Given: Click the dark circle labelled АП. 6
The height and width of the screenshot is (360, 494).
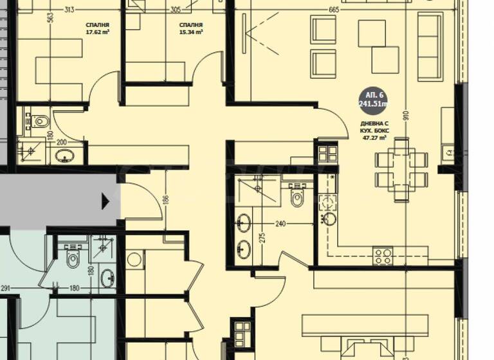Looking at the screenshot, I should pos(373,100).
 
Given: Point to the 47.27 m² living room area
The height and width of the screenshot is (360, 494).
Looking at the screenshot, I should pos(373,137).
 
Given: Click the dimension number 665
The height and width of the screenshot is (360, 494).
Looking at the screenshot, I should pos(333,10).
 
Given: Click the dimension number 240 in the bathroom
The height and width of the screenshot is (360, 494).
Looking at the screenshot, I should pos(280,224).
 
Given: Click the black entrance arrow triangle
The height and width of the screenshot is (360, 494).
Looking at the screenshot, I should pos(105,202).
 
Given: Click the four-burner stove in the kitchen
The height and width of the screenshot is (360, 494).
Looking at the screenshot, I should pos(383,256).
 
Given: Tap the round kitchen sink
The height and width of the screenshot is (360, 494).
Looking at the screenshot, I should pos(329,218).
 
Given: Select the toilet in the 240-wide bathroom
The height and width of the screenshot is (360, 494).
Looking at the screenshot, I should pos(298,195).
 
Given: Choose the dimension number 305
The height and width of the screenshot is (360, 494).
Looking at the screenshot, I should pos(176,10).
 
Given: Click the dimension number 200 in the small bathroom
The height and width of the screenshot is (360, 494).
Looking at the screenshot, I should pos(62,142).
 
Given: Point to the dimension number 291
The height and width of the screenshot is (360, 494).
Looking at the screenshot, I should pos(6,289).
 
